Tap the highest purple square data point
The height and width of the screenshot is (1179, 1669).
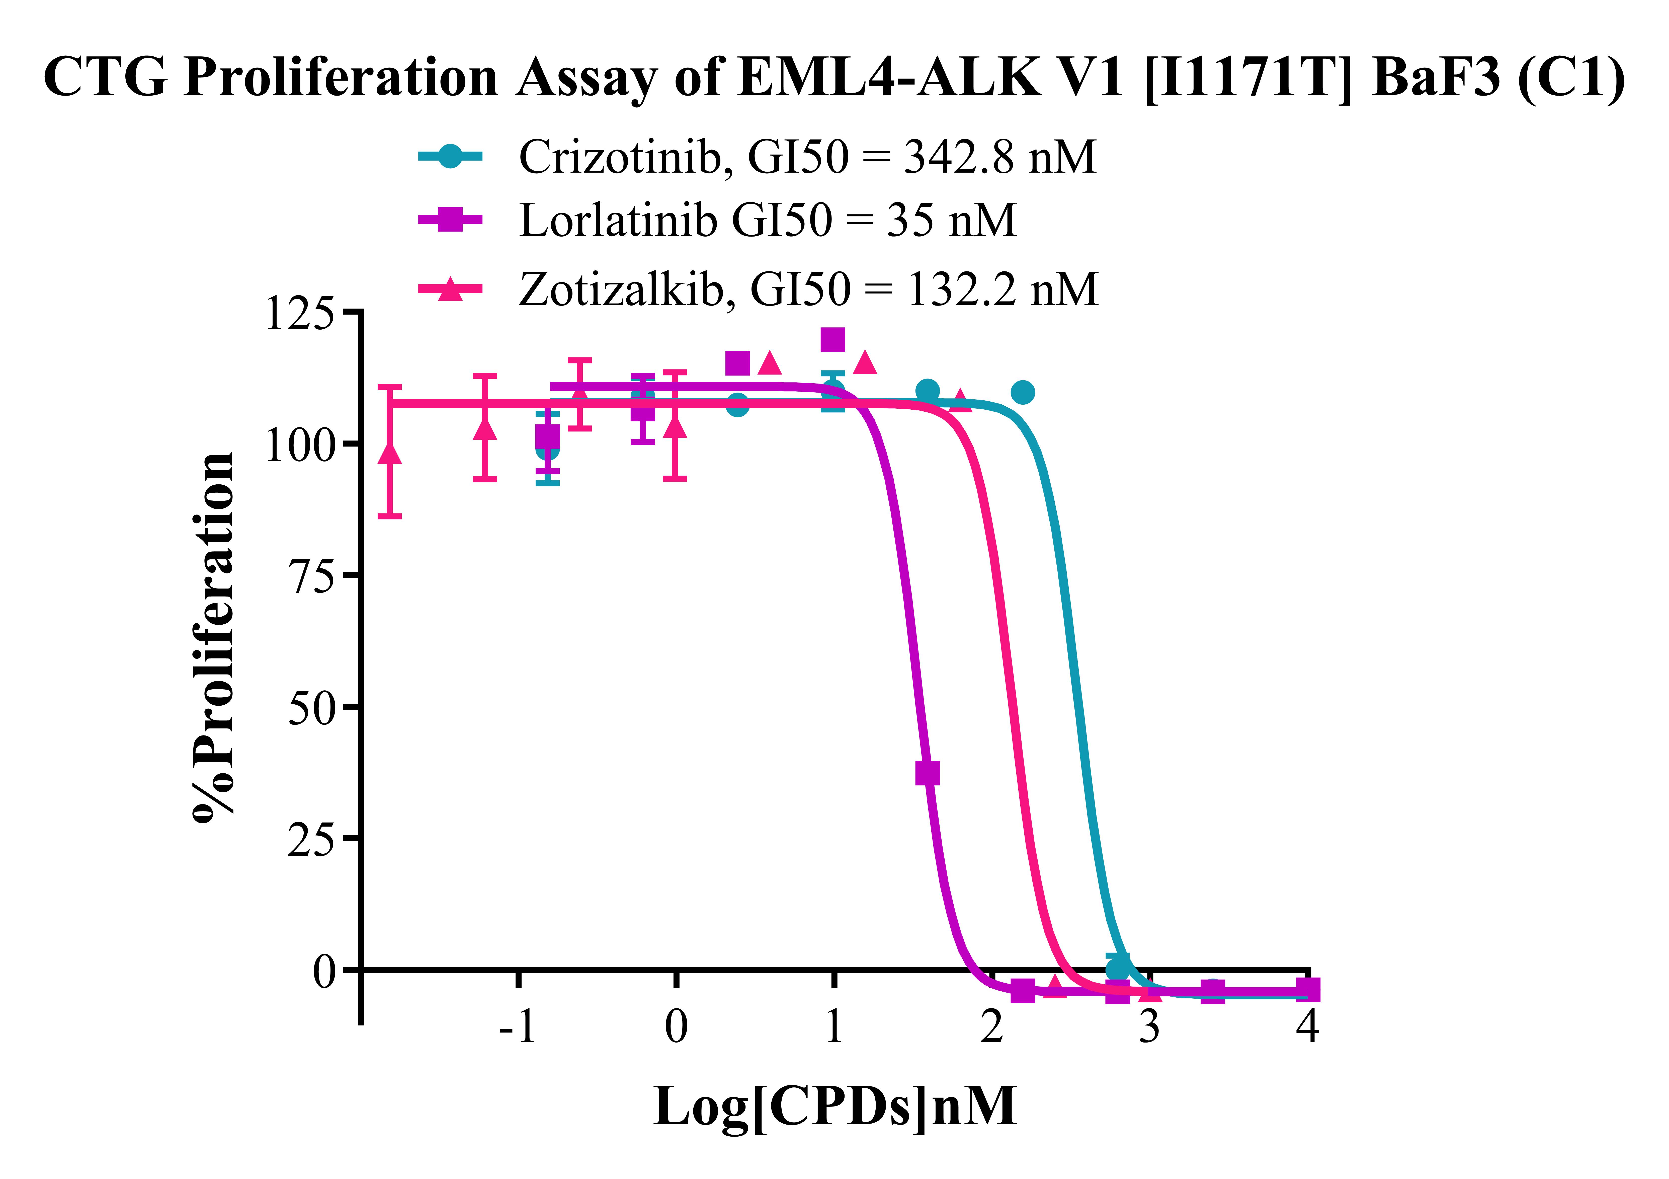coord(833,339)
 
